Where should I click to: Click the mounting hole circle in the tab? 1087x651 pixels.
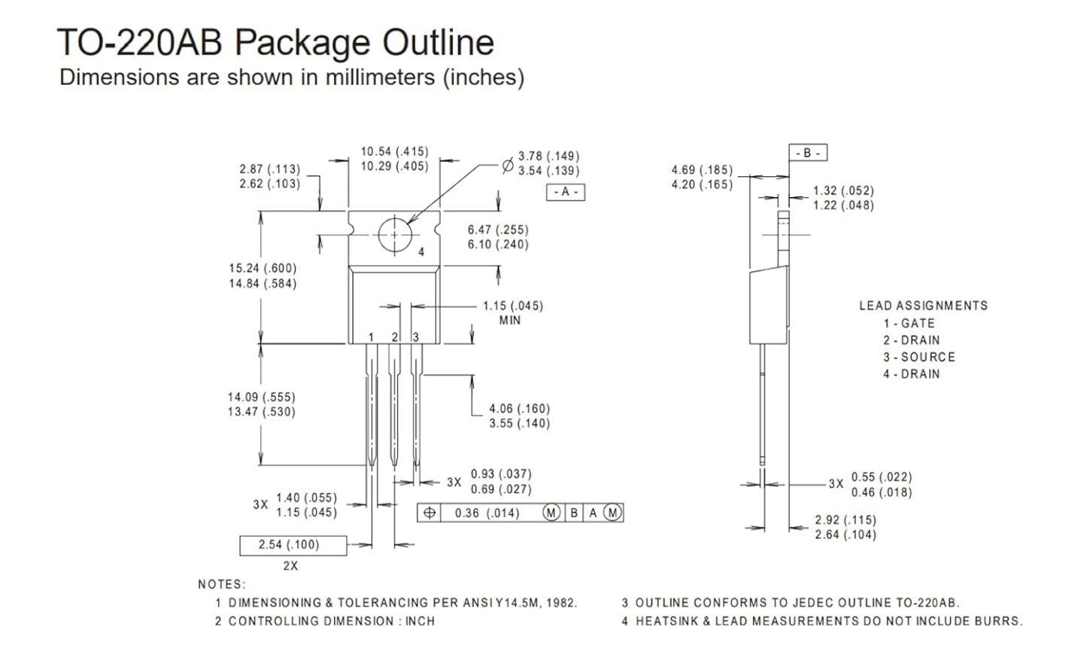[378, 236]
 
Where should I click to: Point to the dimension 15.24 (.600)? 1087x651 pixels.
[263, 269]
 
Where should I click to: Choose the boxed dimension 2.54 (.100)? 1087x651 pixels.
[293, 545]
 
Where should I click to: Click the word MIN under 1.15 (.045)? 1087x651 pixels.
[509, 321]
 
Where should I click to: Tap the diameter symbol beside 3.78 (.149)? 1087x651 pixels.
[508, 166]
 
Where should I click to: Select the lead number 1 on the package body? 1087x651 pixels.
[371, 337]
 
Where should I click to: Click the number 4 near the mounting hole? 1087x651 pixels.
[421, 252]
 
